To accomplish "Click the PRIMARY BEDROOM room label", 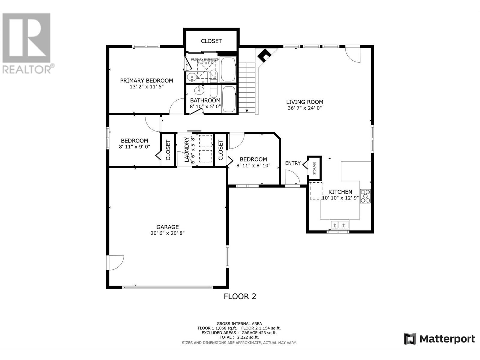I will [x=146, y=80].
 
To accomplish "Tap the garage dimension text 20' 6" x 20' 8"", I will [x=167, y=233].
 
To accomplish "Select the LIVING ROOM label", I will [x=304, y=102].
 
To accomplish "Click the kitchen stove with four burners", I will [x=365, y=196].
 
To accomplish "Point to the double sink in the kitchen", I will [x=339, y=224].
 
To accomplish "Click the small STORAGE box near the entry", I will [x=314, y=168].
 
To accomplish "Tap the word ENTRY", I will [x=293, y=163].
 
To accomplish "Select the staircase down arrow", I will [x=247, y=111].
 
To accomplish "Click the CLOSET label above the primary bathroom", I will [x=211, y=41].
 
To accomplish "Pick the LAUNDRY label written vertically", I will [x=187, y=150].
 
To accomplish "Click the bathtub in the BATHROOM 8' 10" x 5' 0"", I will [x=229, y=99].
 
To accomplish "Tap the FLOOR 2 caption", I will [x=240, y=296].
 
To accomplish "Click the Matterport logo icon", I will [x=410, y=339].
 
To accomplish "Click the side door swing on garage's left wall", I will [x=115, y=262].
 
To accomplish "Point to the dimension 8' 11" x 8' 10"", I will [x=253, y=165].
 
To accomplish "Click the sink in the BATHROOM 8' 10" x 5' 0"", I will [x=199, y=90].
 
